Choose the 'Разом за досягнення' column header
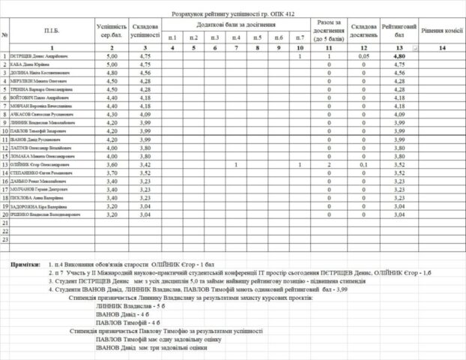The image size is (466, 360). coord(329,30)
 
